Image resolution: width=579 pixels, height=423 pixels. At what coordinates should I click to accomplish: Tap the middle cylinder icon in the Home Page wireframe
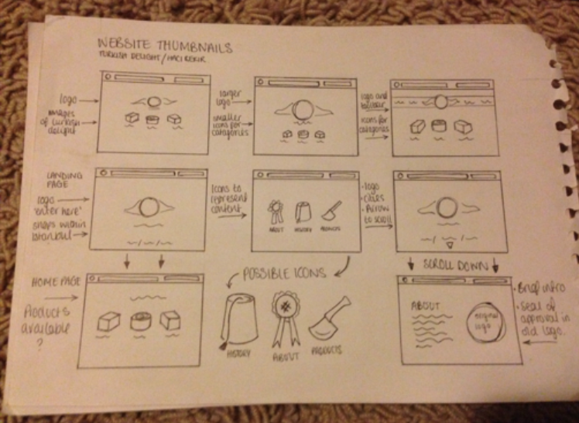pos(140,321)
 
